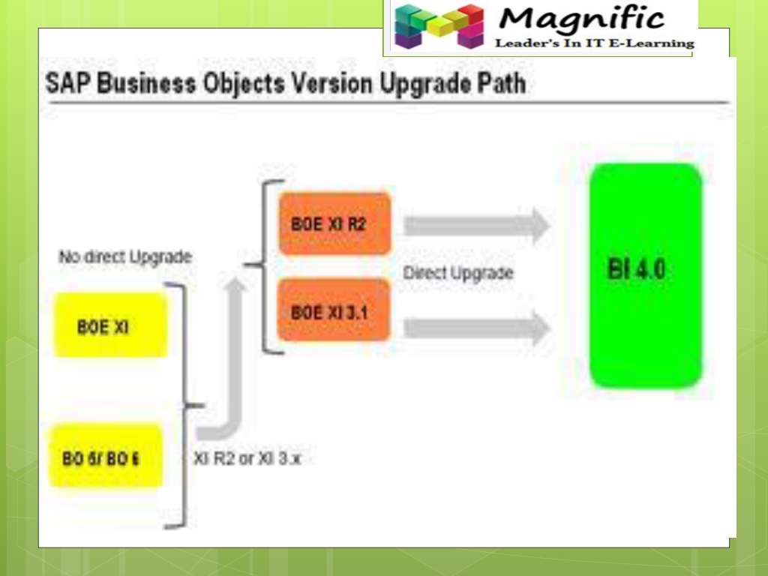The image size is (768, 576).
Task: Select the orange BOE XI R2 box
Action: [334, 223]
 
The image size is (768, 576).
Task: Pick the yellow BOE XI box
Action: [110, 325]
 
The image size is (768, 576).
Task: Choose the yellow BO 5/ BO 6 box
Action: [105, 456]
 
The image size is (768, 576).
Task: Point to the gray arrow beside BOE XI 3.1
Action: [477, 327]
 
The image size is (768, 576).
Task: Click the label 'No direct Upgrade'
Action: [125, 257]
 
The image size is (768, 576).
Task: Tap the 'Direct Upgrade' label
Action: [458, 273]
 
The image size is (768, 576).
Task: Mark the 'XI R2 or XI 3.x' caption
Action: [247, 458]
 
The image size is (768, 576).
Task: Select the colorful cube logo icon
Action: [439, 26]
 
